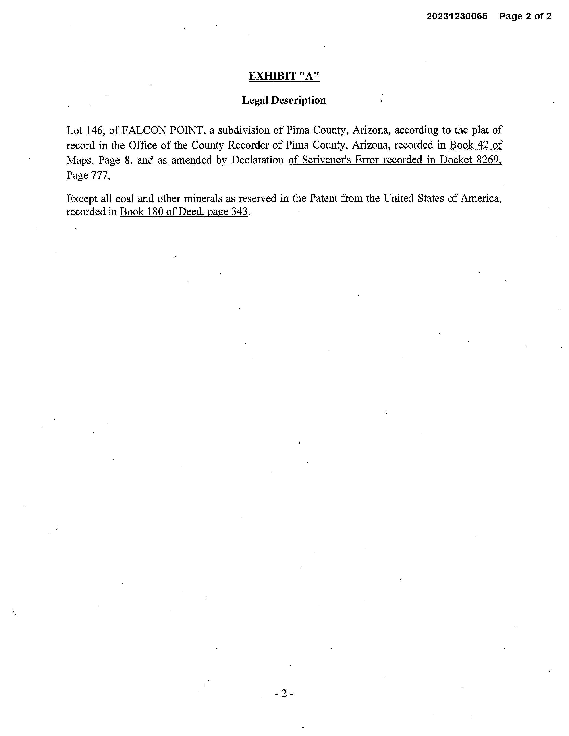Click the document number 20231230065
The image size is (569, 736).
point(457,16)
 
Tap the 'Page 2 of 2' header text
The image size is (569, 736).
point(525,16)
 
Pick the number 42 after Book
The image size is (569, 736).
point(484,145)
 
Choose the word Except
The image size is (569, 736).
point(82,198)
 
